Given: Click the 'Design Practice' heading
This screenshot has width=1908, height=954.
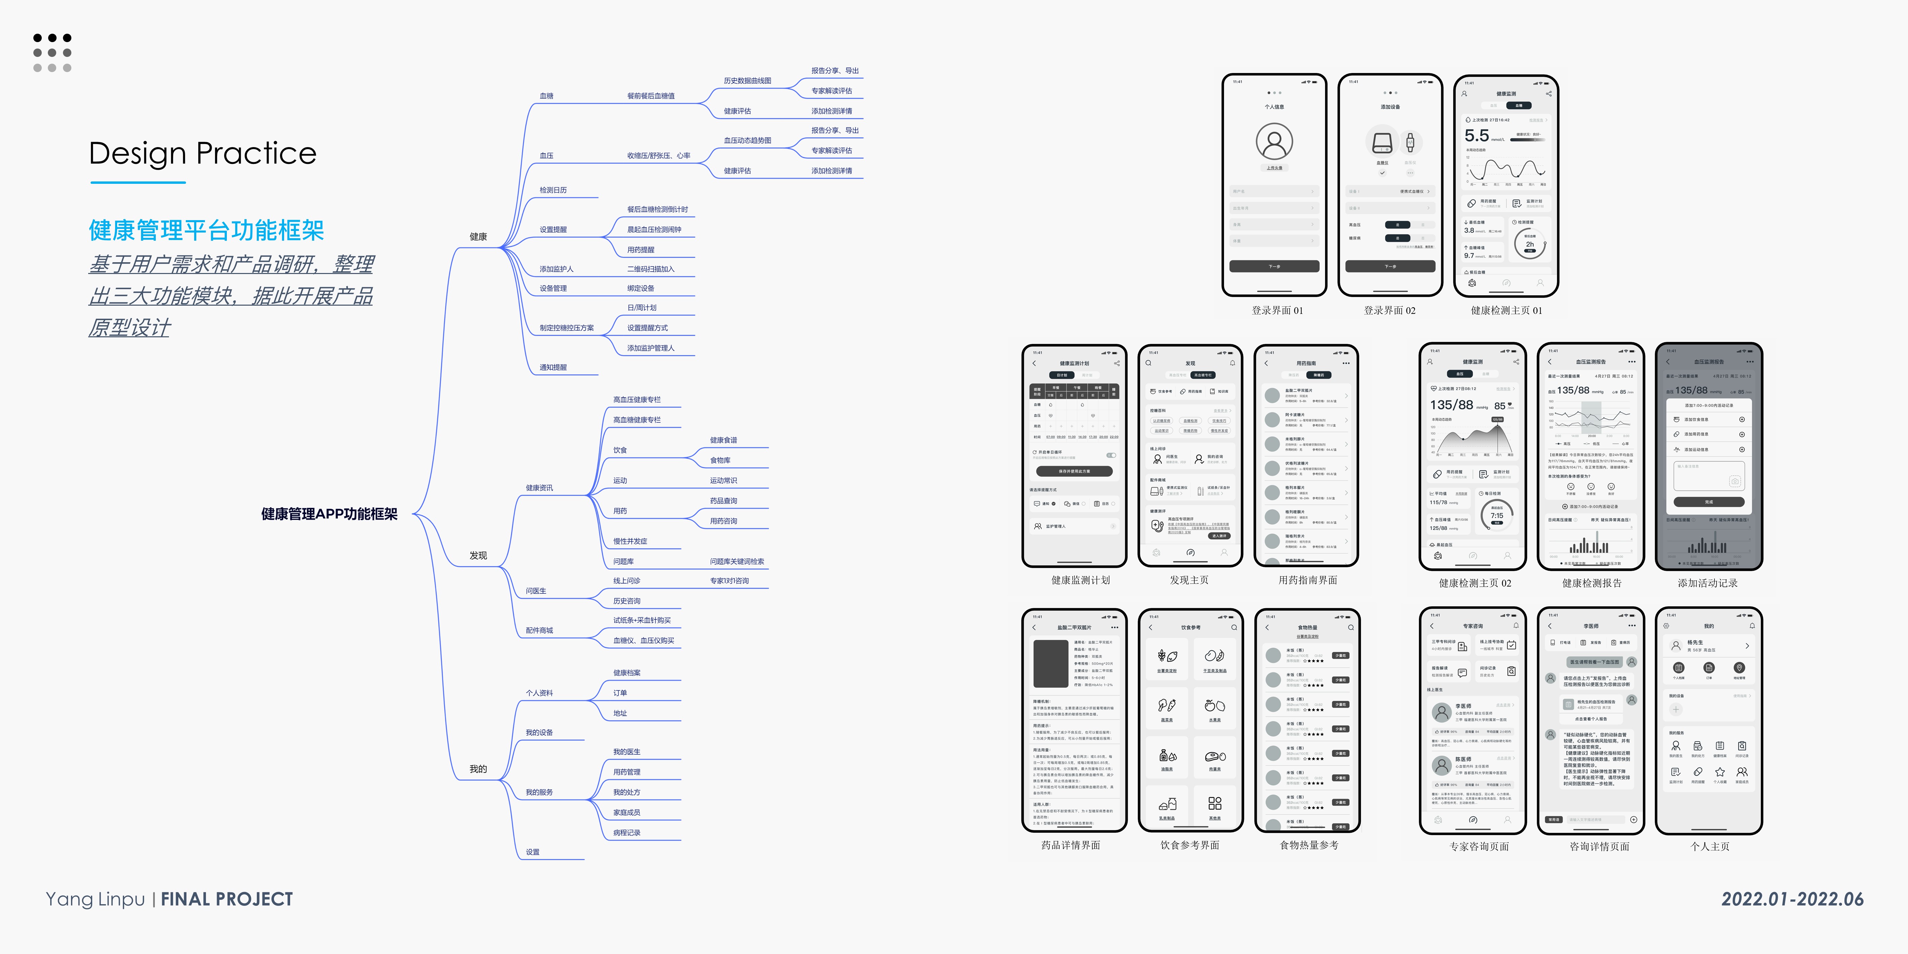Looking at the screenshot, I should [202, 153].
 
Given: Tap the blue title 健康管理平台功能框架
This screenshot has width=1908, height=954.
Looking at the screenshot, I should [206, 230].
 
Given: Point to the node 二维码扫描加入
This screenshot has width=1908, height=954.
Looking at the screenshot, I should [650, 269].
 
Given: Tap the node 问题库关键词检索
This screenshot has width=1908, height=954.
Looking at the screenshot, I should [736, 561].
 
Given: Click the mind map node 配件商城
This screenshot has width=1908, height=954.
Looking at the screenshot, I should [539, 630].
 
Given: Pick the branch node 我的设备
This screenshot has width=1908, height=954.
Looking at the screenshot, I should [539, 732].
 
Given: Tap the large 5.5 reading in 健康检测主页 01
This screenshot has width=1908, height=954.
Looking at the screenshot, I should [1476, 136].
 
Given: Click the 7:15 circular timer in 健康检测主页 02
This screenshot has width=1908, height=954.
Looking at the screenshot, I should [1496, 515].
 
